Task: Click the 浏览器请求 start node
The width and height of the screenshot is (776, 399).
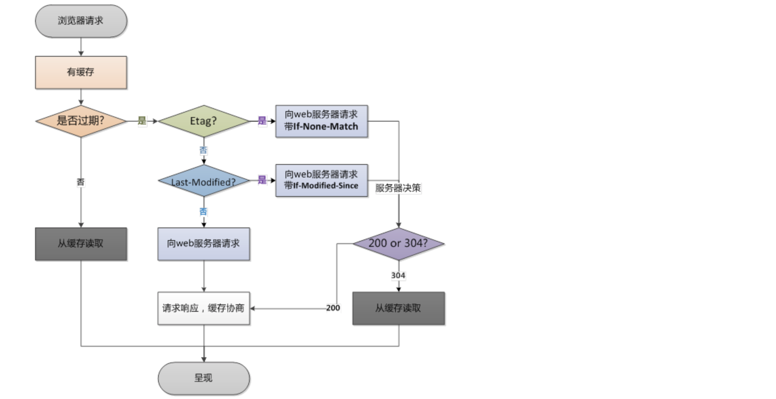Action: pos(81,21)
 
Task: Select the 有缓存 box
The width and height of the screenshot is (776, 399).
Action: pos(81,72)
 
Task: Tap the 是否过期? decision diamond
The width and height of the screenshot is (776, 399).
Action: pos(81,121)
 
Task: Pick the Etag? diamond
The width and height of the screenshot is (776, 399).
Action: pos(204,121)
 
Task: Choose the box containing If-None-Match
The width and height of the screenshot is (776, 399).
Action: pos(321,121)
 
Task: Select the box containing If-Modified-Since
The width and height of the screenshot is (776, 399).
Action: pos(321,180)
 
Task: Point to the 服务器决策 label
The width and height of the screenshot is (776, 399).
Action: pos(398,188)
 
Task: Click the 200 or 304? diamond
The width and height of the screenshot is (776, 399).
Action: pos(398,244)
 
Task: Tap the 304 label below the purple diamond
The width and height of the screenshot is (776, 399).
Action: pos(398,276)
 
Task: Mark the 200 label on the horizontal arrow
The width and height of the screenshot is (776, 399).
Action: pos(333,308)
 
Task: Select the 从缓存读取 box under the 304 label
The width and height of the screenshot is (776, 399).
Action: pos(398,308)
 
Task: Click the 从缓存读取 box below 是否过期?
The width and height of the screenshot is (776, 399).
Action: pos(81,244)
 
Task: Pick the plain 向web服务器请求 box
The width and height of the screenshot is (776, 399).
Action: pos(204,244)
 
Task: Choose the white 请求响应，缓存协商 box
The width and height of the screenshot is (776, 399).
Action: pos(204,308)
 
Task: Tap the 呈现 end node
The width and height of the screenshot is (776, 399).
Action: pos(204,378)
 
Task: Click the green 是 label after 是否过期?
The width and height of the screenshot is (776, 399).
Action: pos(142,120)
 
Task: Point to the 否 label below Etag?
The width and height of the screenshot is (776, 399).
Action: pos(203,150)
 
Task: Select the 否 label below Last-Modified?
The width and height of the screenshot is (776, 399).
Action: pos(203,212)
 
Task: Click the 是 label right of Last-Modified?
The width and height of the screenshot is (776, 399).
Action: pos(262,180)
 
